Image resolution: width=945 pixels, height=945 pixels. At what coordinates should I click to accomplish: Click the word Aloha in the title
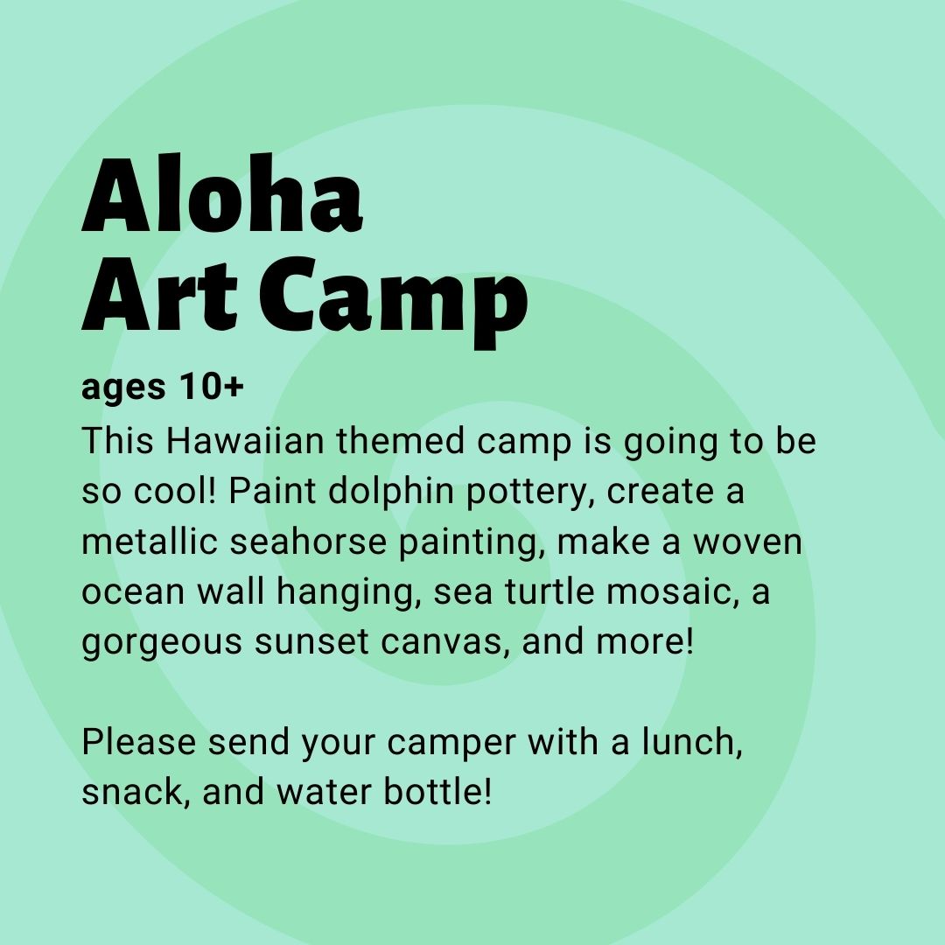click(x=221, y=192)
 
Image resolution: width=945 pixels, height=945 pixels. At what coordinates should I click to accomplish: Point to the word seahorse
click(x=308, y=541)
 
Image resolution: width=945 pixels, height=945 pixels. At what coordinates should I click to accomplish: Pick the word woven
click(x=747, y=542)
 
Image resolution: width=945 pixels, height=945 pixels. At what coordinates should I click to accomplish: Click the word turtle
click(x=549, y=591)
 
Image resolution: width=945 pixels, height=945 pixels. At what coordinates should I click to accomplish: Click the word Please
click(x=138, y=741)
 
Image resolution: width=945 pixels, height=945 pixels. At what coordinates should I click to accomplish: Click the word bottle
click(x=437, y=791)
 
